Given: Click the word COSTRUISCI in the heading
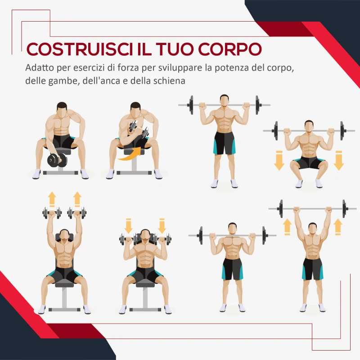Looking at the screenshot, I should point(78,50).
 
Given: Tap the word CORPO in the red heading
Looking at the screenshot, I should point(229,50).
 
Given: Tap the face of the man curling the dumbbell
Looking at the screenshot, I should point(135,111).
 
